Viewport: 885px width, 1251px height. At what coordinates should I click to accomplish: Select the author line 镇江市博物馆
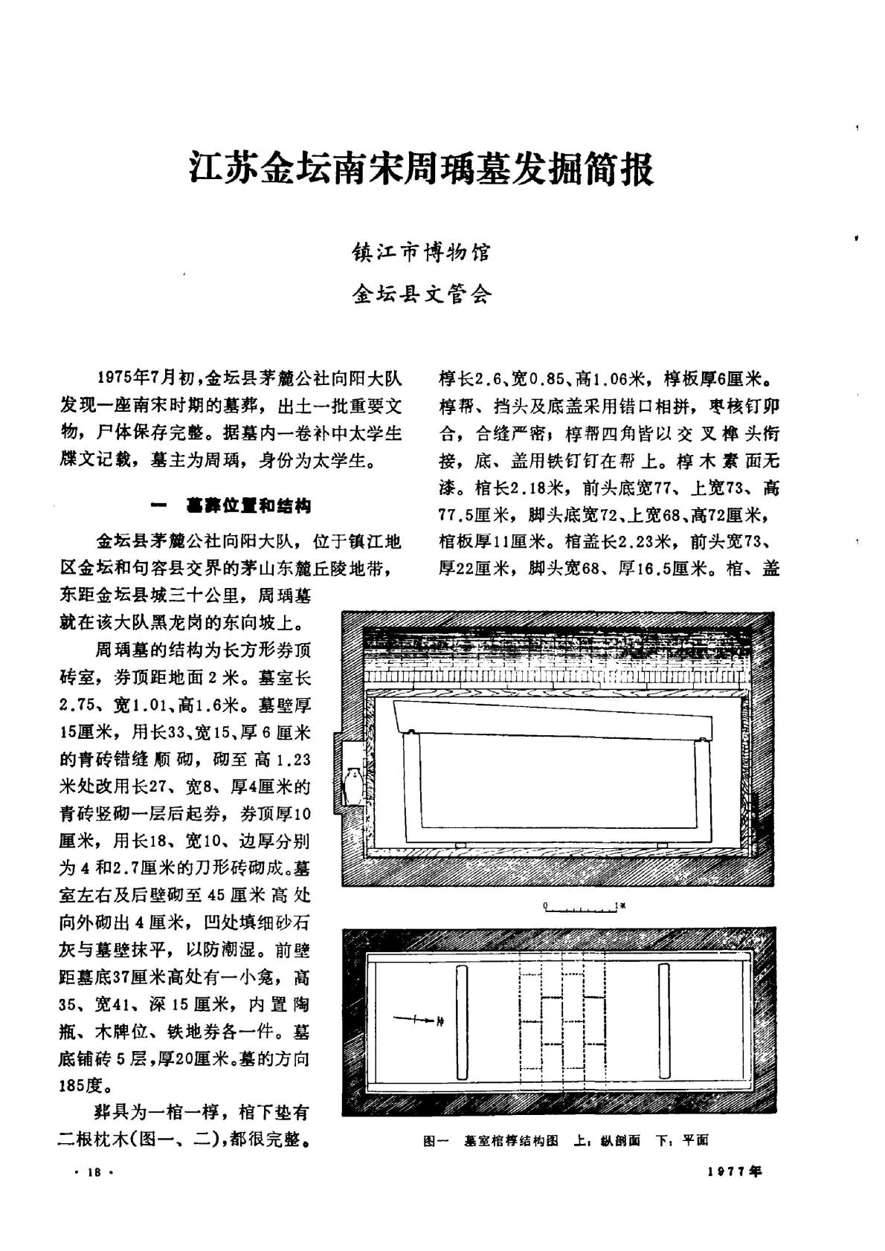(421, 253)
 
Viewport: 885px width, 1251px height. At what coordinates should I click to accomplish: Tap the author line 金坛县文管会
(421, 295)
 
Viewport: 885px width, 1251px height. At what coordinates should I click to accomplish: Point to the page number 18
(94, 1172)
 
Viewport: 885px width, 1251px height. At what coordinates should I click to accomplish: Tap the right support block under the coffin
(662, 845)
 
